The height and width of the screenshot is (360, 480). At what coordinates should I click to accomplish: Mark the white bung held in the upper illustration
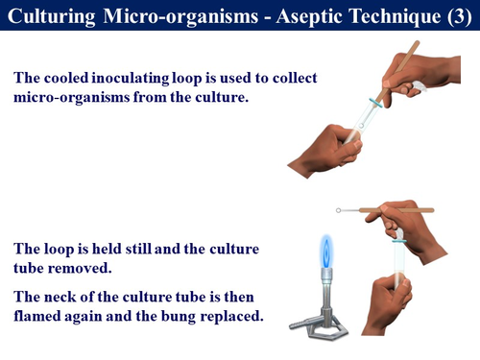pyautogui.click(x=415, y=87)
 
